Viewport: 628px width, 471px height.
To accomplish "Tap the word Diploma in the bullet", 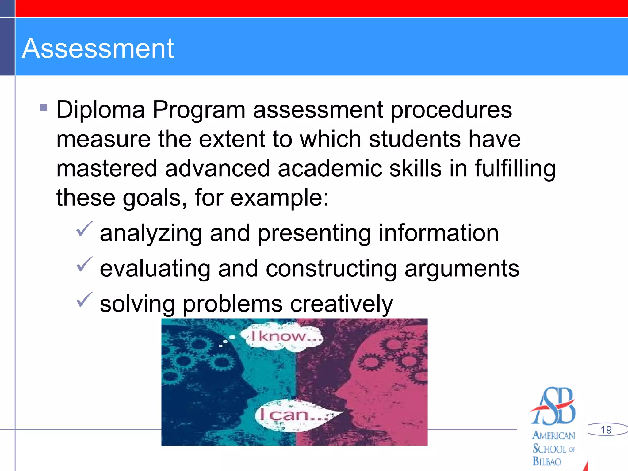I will [101, 110].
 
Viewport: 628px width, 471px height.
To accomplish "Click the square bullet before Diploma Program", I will [43, 107].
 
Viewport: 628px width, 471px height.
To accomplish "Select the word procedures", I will [451, 110].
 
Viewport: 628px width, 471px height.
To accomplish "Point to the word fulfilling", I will [515, 169].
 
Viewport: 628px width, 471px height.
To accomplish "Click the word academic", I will [330, 169].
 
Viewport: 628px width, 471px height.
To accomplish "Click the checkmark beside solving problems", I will [84, 300].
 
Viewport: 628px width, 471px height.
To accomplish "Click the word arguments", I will [461, 269].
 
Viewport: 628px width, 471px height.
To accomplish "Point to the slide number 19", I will [606, 430].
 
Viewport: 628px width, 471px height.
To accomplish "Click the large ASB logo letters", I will [554, 406].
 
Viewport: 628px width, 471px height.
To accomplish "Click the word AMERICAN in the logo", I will [553, 435].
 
